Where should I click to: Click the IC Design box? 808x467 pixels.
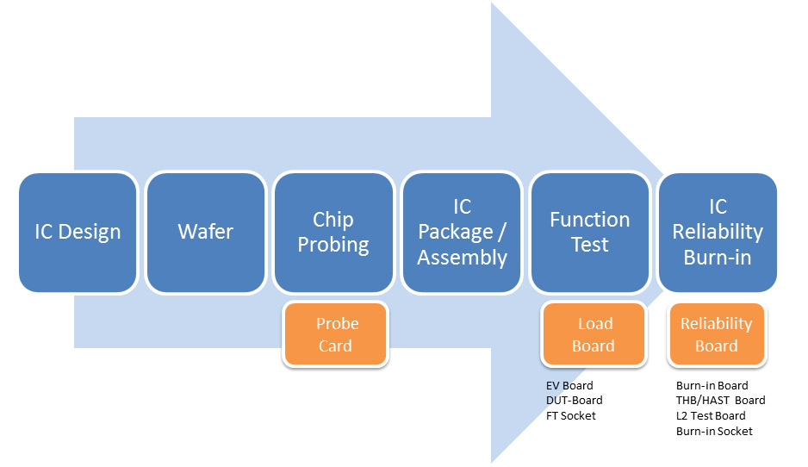78,233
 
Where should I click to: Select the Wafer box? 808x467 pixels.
205,233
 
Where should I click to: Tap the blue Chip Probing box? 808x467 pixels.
333,233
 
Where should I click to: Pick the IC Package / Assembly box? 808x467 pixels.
462,233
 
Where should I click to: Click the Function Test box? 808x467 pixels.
590,233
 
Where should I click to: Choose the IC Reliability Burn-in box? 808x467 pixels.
718,233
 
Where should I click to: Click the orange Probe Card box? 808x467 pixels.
335,335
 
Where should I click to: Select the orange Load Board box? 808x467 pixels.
594,335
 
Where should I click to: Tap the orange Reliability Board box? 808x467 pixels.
717,335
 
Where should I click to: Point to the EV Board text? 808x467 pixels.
569,385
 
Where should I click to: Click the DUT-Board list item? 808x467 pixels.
575,401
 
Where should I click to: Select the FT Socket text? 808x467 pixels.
571,415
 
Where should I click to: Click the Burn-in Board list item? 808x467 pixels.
712,385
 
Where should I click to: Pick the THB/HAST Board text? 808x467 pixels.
720,401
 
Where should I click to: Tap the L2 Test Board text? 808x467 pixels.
711,415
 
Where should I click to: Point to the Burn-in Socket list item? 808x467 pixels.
714,431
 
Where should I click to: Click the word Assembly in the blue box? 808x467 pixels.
462,258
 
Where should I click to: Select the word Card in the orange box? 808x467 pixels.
335,346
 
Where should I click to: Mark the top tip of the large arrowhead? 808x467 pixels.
492,3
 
